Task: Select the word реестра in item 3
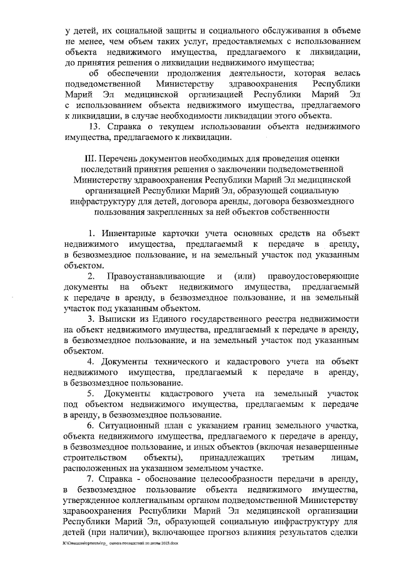(x=286, y=319)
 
